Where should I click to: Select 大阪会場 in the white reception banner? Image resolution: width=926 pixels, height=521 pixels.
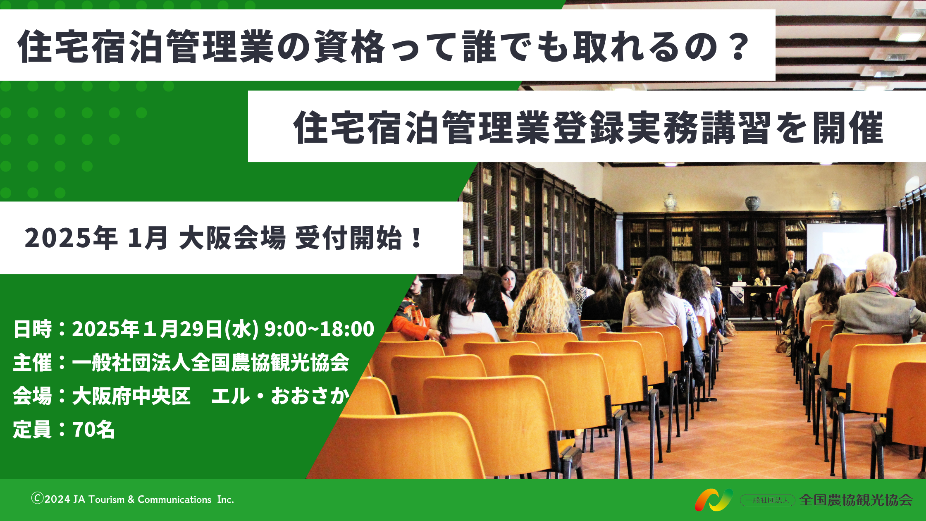click(x=232, y=238)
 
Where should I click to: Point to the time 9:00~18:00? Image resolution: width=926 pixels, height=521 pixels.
click(x=319, y=329)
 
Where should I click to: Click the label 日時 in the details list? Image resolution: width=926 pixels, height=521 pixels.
click(x=33, y=329)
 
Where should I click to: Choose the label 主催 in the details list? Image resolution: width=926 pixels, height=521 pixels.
click(x=33, y=363)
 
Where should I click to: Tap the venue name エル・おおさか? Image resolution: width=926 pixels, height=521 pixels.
click(x=281, y=396)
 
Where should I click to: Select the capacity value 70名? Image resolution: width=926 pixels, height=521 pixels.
click(x=94, y=430)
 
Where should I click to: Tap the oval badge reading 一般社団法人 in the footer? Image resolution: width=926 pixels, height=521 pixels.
click(x=767, y=500)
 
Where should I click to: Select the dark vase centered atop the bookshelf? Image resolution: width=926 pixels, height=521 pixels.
click(x=753, y=203)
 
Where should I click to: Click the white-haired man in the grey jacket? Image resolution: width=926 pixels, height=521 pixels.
click(x=876, y=298)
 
